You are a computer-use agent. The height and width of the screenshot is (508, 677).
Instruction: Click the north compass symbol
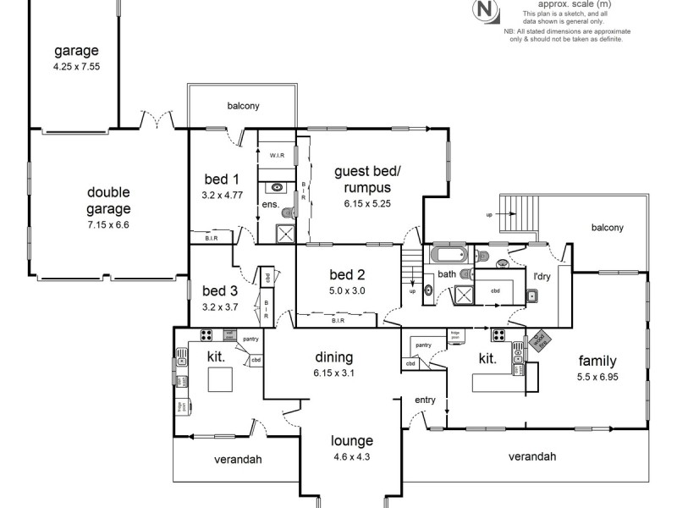[x=485, y=10]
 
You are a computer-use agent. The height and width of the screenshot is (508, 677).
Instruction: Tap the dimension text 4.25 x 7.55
[x=77, y=67]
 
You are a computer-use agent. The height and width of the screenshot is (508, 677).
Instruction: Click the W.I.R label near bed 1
[x=276, y=156]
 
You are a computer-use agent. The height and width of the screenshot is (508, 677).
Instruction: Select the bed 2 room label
[x=347, y=274]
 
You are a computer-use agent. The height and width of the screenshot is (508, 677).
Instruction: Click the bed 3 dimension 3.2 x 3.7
[x=220, y=307]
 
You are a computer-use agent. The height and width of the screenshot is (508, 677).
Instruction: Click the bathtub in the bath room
[x=449, y=255]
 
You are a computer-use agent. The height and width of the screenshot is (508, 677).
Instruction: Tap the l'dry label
[x=541, y=275]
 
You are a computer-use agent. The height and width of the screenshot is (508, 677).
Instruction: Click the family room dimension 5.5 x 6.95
[x=597, y=376]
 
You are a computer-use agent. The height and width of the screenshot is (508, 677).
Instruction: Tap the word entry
[x=425, y=400]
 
